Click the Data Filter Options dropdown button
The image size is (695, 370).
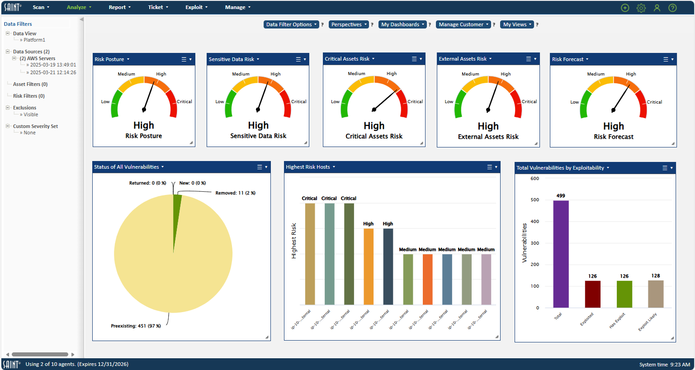click(x=291, y=24)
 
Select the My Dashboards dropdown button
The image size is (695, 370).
click(x=402, y=24)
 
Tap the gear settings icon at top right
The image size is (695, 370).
click(x=641, y=8)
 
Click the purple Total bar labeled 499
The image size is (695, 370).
click(x=561, y=253)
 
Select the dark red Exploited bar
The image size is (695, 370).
click(x=592, y=294)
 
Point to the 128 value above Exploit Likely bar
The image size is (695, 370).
click(x=655, y=275)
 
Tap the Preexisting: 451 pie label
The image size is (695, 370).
click(x=136, y=326)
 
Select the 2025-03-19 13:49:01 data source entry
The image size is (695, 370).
click(x=53, y=65)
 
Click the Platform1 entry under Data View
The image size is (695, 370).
click(x=34, y=40)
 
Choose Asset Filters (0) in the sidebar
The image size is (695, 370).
click(x=30, y=84)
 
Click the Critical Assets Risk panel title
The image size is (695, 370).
click(x=347, y=59)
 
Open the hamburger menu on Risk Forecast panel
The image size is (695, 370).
click(x=666, y=59)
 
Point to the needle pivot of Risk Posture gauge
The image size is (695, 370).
click(x=144, y=109)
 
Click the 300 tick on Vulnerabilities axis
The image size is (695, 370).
click(x=534, y=243)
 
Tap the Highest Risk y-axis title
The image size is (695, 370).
click(x=294, y=241)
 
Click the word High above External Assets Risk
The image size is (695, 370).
click(x=488, y=126)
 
